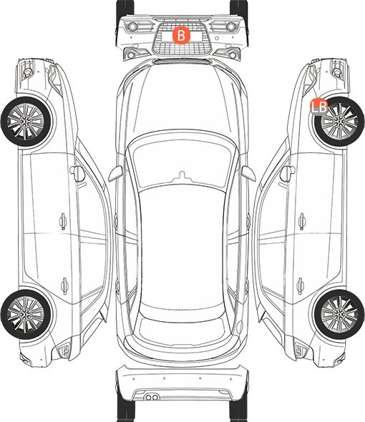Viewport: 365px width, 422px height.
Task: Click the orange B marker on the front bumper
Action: (181, 35)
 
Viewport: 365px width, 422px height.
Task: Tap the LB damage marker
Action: (319, 107)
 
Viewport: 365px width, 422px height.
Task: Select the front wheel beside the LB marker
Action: (339, 122)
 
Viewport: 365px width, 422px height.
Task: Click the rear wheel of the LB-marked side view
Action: (339, 314)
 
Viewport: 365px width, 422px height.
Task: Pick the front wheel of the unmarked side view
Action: (26, 122)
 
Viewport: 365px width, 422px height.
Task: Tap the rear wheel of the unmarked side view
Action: (26, 314)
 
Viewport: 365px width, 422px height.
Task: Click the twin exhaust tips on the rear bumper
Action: (152, 397)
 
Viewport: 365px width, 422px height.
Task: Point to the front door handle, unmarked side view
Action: (63, 221)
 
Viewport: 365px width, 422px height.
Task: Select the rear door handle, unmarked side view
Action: (64, 285)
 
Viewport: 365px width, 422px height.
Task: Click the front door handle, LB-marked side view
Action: (302, 221)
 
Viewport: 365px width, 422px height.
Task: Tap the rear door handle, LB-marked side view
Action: (301, 285)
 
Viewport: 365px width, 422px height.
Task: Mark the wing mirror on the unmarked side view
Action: (77, 174)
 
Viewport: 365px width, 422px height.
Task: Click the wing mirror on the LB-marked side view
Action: (287, 174)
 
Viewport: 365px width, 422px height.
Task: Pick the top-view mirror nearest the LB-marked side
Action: (248, 174)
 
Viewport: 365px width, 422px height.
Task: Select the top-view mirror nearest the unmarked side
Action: (115, 174)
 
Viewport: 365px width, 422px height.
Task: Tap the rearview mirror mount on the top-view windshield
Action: (182, 175)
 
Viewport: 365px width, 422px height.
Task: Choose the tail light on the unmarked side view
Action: (64, 350)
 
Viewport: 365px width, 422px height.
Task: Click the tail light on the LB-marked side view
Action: (301, 350)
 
